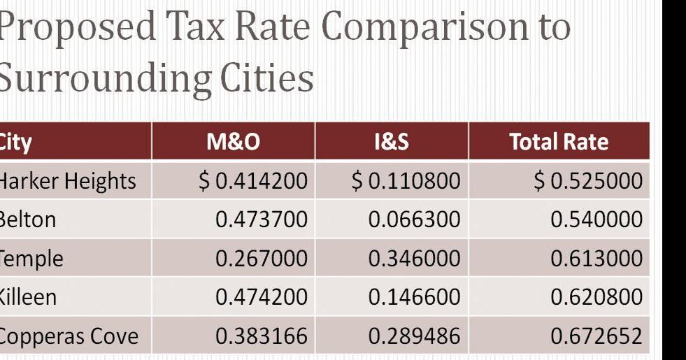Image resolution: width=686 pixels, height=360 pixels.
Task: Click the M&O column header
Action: (x=234, y=143)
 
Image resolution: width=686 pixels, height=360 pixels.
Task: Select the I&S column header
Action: (x=392, y=143)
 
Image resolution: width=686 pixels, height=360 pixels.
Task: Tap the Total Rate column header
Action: (x=559, y=143)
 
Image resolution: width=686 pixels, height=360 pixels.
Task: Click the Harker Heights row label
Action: (x=67, y=182)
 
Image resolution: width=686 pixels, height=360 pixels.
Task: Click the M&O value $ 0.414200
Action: (x=253, y=182)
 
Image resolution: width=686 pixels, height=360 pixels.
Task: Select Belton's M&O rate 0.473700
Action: (x=262, y=219)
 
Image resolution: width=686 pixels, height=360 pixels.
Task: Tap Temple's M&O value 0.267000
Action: (x=262, y=259)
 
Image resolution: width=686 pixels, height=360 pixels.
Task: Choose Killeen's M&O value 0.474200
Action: (x=262, y=297)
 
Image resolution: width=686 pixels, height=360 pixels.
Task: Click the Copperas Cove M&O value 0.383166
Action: (x=262, y=336)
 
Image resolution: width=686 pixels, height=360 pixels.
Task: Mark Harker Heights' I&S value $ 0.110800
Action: (x=406, y=182)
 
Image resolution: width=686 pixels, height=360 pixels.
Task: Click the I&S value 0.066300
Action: (x=415, y=219)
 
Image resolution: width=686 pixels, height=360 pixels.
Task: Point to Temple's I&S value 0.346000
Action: (x=415, y=259)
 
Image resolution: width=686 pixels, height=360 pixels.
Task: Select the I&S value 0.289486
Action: (x=415, y=336)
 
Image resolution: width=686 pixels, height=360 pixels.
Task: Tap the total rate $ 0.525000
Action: (x=588, y=182)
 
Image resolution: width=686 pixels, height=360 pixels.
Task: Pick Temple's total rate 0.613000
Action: (x=596, y=259)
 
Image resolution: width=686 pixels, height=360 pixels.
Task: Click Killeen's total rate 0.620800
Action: (x=596, y=297)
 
